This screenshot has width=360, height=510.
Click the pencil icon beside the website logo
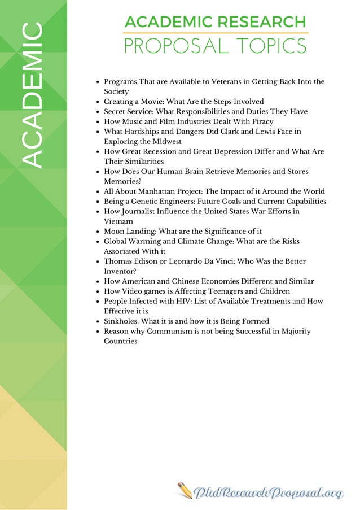pyautogui.click(x=185, y=490)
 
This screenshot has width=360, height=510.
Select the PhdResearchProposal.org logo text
pyautogui.click(x=268, y=492)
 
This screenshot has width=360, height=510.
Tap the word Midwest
pyautogui.click(x=165, y=141)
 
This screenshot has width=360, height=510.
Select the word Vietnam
pyautogui.click(x=118, y=221)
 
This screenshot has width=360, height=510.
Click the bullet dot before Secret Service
pyautogui.click(x=99, y=112)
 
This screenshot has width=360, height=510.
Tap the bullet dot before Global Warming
pyautogui.click(x=99, y=242)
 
